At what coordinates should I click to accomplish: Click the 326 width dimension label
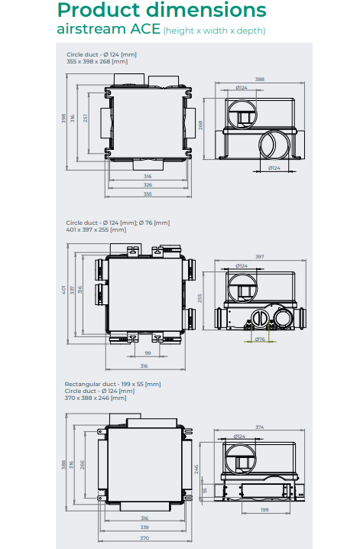147,184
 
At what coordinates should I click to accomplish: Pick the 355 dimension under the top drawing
147,193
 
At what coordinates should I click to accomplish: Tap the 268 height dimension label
201,125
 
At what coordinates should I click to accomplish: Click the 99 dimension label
147,353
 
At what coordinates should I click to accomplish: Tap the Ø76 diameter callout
260,339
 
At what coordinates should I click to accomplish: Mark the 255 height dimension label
201,297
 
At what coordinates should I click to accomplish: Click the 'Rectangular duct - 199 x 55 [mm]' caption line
112,384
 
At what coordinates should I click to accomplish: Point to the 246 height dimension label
196,468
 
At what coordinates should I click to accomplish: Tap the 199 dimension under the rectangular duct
264,509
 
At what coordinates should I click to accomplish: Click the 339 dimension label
145,527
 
